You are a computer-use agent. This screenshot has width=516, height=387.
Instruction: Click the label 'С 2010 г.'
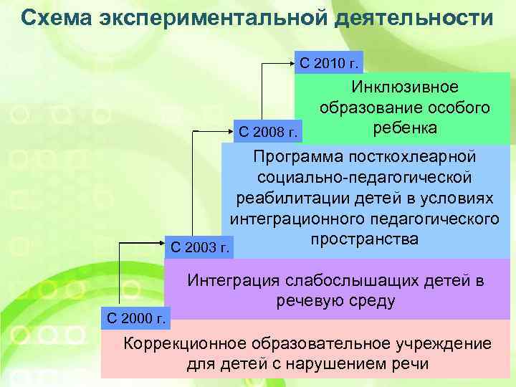(329, 63)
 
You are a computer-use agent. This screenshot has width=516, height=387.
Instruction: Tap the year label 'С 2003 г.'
(201, 249)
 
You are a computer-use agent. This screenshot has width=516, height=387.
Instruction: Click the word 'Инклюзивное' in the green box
(405, 87)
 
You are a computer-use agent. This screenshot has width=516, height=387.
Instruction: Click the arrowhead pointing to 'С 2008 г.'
(231, 131)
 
